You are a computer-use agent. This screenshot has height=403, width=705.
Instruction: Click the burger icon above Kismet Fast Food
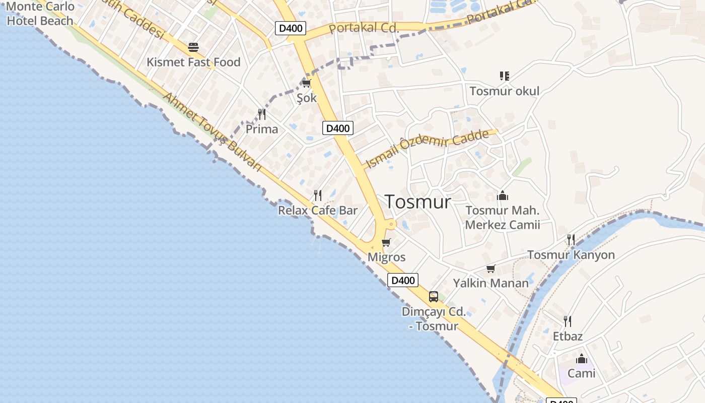pyautogui.click(x=193, y=47)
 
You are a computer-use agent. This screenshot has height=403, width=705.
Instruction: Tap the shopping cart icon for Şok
pyautogui.click(x=306, y=83)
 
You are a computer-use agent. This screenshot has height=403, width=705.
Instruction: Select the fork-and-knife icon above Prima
pyautogui.click(x=262, y=114)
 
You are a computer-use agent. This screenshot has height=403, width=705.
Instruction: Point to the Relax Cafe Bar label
pyautogui.click(x=318, y=210)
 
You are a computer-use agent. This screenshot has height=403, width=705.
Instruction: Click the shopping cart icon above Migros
pyautogui.click(x=386, y=243)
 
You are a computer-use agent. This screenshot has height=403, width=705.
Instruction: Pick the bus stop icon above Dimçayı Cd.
pyautogui.click(x=433, y=297)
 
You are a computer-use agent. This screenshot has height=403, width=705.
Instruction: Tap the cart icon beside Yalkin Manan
pyautogui.click(x=490, y=269)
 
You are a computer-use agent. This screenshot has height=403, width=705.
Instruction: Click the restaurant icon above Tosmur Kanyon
pyautogui.click(x=571, y=240)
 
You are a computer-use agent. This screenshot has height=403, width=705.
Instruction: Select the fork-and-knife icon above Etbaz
pyautogui.click(x=568, y=321)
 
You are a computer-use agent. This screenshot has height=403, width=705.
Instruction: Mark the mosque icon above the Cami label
pyautogui.click(x=582, y=359)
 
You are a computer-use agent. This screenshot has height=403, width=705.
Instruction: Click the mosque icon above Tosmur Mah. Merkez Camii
pyautogui.click(x=502, y=195)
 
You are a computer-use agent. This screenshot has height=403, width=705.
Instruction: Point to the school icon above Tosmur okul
pyautogui.click(x=504, y=76)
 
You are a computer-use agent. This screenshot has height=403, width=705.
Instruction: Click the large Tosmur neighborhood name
pyautogui.click(x=418, y=201)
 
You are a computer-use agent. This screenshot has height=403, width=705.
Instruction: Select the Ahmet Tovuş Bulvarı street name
pyautogui.click(x=214, y=132)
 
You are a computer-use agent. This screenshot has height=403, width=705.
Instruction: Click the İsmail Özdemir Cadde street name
pyautogui.click(x=428, y=148)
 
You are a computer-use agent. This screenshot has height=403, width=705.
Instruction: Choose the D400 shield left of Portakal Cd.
pyautogui.click(x=291, y=28)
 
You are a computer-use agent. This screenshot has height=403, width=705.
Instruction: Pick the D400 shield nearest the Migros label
pyautogui.click(x=403, y=281)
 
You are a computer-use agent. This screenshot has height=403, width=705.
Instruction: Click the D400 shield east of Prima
pyautogui.click(x=337, y=128)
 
